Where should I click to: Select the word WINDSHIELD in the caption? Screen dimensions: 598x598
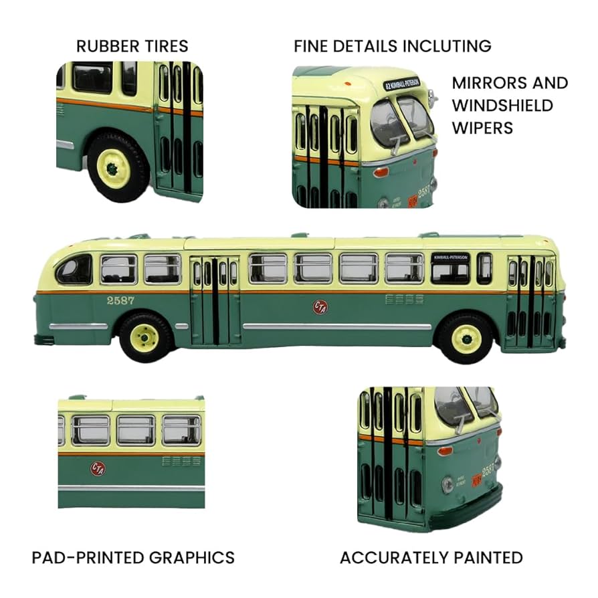(x=502, y=105)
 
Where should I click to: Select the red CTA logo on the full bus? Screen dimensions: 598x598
(x=320, y=306)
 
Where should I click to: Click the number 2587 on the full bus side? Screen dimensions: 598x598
(x=120, y=300)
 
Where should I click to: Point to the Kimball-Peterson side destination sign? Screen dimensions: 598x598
(x=450, y=258)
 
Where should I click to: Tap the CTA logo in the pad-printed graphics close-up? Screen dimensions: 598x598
(x=98, y=468)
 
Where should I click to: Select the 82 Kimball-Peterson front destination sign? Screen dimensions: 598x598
(x=401, y=84)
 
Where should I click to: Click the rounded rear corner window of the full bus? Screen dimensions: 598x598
(x=75, y=270)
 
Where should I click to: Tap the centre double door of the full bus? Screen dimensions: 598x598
(x=215, y=300)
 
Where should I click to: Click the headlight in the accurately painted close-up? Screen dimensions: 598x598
(x=447, y=484)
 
